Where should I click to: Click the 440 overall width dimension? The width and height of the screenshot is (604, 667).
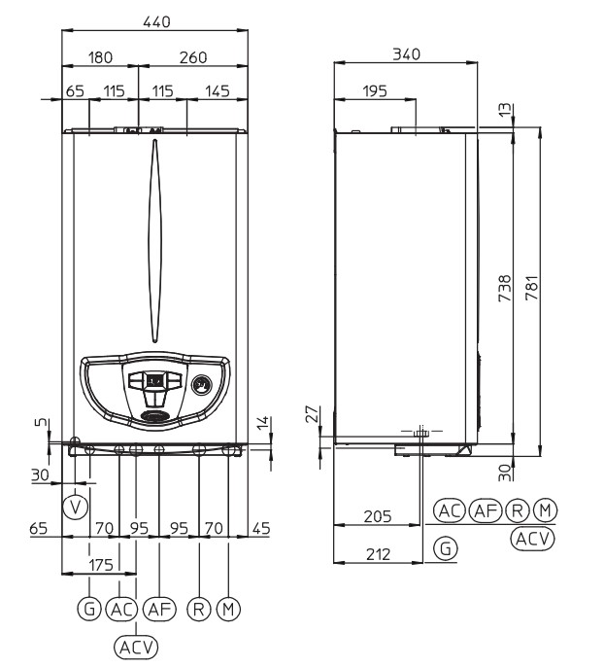coord(156,21)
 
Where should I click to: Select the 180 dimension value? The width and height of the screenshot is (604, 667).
coord(100,57)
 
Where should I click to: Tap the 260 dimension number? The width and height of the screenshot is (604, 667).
coord(193,57)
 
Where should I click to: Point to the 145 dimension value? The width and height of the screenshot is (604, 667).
coord(218,91)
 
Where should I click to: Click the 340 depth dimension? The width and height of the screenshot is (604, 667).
coord(407,54)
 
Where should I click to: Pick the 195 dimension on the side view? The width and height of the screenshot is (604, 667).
coord(375,91)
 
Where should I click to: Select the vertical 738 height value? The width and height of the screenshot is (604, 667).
coord(505,288)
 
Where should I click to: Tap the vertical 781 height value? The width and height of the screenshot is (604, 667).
coord(532,288)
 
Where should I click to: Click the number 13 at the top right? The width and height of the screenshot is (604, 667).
coord(505,110)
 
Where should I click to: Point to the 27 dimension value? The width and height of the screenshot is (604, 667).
coord(312,413)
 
